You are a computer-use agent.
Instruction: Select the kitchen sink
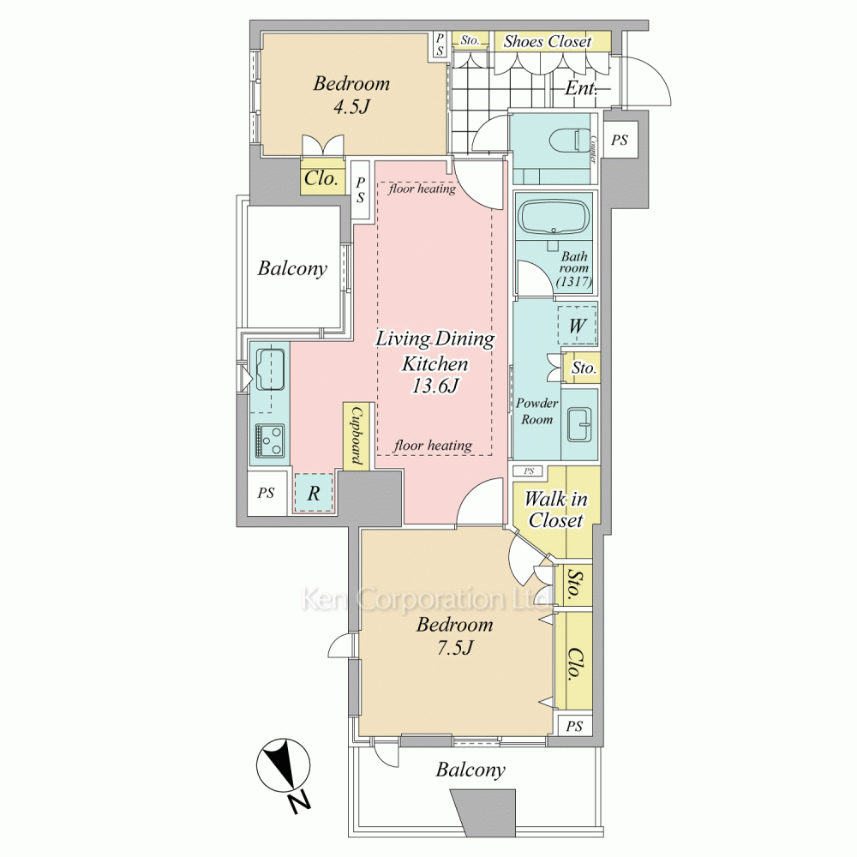(x=270, y=369)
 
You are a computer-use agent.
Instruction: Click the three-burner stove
(x=269, y=441)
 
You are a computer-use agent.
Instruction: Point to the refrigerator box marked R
(x=314, y=493)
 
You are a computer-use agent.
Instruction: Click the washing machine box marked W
(x=577, y=325)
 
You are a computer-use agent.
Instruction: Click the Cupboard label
(x=357, y=435)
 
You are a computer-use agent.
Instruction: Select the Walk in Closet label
(x=556, y=509)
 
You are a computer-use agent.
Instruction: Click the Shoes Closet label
(x=548, y=41)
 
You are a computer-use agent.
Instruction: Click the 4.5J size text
(x=351, y=106)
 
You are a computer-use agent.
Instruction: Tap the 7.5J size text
(x=454, y=648)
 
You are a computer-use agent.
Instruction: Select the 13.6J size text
(x=435, y=386)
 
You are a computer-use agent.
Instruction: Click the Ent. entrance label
(x=580, y=88)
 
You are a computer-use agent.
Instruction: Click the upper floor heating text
(x=422, y=189)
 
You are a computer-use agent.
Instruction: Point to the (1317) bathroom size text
(x=574, y=281)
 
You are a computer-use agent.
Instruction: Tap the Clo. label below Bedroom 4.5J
(x=321, y=178)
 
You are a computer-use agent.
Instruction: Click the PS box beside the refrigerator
(x=267, y=493)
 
